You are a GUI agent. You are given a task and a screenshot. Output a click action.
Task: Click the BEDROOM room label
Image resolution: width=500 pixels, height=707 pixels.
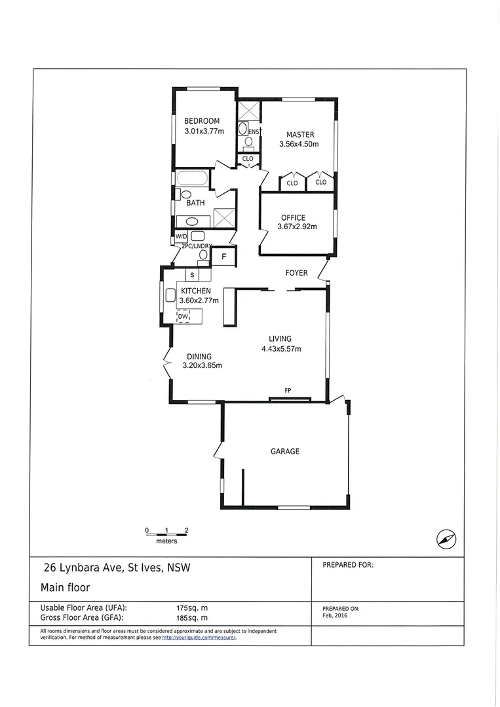pos(201,121)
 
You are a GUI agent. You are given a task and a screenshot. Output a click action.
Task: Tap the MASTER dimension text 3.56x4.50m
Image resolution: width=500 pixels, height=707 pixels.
pos(300,144)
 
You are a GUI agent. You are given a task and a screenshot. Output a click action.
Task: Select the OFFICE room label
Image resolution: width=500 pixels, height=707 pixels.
pos(293,218)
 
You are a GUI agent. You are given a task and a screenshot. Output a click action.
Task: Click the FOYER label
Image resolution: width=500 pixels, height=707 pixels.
pos(296,273)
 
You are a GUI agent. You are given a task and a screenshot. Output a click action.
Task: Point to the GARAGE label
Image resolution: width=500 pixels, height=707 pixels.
pos(285,451)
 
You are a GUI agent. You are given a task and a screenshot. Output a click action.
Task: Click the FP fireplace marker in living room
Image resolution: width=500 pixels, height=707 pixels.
pos(288,391)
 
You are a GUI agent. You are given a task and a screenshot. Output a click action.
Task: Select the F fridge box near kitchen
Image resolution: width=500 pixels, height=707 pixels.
pos(223,257)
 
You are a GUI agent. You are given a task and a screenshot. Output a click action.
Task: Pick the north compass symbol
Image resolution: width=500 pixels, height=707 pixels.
pos(446,539)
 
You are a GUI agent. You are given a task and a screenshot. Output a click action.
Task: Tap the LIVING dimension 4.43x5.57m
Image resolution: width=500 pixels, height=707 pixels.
pos(281,349)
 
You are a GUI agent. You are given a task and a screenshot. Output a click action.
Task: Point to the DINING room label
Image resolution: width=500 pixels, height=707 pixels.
pos(199,357)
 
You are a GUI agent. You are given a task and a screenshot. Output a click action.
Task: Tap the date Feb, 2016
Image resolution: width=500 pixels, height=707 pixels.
pos(334,616)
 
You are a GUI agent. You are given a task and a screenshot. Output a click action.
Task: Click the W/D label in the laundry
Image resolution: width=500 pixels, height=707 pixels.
pos(181,237)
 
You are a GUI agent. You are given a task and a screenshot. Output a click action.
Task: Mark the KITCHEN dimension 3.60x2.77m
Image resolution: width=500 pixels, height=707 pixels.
pos(199,300)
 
